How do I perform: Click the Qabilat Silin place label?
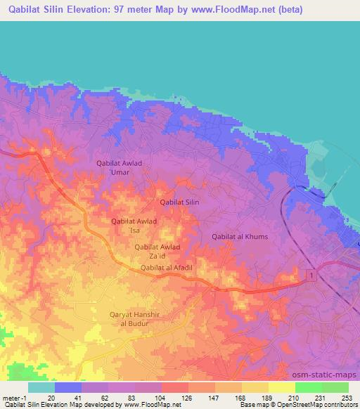[180, 202]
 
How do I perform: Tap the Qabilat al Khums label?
[240, 237]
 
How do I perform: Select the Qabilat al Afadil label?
[167, 268]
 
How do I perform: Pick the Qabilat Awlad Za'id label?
[157, 251]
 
